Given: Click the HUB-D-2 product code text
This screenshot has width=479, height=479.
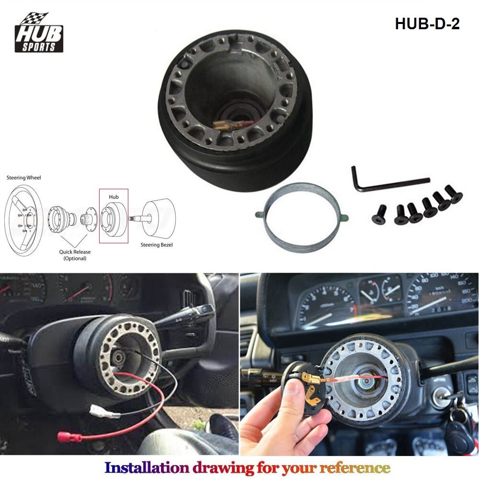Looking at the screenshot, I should pos(427,24).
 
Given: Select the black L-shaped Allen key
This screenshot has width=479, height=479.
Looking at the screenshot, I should pos(383,181).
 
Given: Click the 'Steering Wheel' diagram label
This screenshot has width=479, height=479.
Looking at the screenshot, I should pos(23,178).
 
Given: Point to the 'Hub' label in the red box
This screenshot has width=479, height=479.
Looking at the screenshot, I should pos(114,196).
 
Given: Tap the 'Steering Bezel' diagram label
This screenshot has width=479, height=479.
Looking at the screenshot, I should pos(156,245).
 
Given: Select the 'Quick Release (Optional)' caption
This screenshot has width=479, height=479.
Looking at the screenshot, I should pos(75,255).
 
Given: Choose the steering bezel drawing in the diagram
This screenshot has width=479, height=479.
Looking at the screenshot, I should pos(158,218).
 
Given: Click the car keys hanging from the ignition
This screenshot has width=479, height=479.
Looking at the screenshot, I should pos(458,426).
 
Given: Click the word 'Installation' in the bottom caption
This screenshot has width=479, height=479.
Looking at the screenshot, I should pos(147,467).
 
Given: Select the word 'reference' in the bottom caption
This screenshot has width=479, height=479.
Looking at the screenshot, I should pos(354,467).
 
